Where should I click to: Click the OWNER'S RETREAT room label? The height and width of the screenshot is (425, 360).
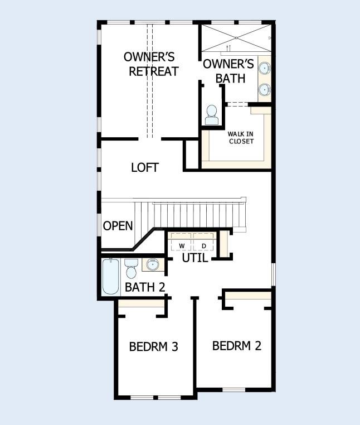click(x=149, y=64)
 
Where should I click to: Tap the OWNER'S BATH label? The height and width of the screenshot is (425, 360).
click(x=228, y=71)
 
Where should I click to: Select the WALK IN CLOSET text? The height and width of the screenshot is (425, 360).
click(x=241, y=137)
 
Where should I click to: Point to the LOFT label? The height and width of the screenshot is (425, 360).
click(x=145, y=167)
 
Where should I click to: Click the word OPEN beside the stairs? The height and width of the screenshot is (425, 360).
click(x=118, y=226)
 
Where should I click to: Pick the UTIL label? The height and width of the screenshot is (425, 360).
click(x=195, y=258)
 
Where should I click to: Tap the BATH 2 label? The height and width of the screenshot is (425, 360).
click(x=144, y=288)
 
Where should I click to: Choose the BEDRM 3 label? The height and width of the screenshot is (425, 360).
click(x=153, y=346)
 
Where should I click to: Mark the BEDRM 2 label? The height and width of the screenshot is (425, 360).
click(x=237, y=345)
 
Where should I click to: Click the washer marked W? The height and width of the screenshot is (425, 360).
click(x=182, y=246)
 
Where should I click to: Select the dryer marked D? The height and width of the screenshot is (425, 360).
click(x=203, y=246)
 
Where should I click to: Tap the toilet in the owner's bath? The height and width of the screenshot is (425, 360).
click(x=212, y=115)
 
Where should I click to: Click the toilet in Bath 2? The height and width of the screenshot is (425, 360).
click(x=132, y=268)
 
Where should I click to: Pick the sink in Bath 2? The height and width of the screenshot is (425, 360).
click(x=152, y=264)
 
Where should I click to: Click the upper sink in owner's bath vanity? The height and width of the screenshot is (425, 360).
click(x=265, y=68)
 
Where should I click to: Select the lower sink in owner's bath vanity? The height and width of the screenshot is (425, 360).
click(x=265, y=89)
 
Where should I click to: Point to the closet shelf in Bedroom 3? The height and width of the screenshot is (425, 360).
click(x=142, y=303)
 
